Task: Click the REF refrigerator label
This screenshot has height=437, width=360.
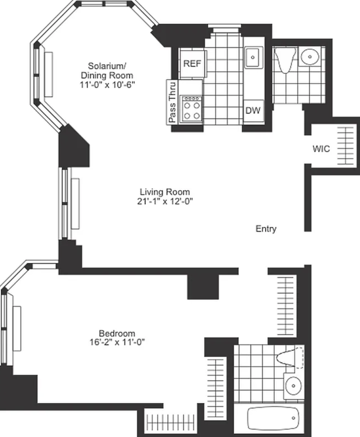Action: click(192, 64)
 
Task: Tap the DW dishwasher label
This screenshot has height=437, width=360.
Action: click(253, 110)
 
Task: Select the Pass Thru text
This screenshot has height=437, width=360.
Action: click(172, 102)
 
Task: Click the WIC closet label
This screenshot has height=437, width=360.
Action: click(321, 149)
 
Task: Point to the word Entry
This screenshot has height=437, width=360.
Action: click(266, 229)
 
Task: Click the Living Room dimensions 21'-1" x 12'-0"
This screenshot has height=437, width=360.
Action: click(165, 201)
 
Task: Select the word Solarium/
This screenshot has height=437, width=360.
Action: click(107, 66)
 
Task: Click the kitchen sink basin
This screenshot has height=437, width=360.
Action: click(253, 57)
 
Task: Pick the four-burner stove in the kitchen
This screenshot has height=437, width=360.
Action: click(192, 109)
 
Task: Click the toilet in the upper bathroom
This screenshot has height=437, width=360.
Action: click(285, 60)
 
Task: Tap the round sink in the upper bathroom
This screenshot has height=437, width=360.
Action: click(310, 57)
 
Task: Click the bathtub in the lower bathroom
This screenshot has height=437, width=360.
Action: click(273, 418)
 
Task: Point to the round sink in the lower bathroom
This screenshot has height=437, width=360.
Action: click(294, 385)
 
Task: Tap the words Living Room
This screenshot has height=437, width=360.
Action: click(165, 192)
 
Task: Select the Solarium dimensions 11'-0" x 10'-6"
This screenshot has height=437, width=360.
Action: click(107, 85)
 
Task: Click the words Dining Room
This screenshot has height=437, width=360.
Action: click(107, 75)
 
